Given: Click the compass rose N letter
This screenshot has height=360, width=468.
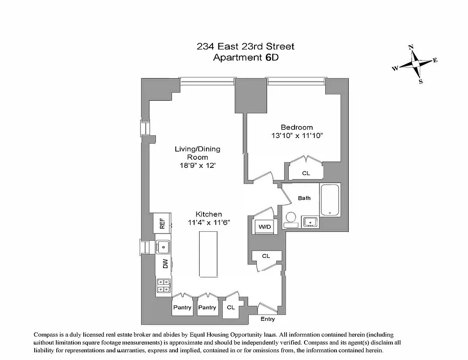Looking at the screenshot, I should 411,47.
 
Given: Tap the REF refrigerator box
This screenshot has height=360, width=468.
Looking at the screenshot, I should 163,224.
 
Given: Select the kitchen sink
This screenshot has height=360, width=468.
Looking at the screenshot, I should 162,247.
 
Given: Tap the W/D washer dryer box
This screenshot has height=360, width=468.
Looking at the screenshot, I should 264,227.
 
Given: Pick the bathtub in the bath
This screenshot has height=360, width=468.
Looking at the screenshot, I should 330,199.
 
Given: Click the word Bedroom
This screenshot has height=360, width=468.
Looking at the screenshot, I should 296,127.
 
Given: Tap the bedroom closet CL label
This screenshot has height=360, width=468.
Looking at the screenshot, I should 306,173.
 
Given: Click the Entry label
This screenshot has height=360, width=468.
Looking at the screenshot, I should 268,319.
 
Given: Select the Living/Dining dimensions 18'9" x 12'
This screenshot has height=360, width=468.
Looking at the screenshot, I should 198,165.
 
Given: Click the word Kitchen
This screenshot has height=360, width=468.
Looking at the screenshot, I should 208,214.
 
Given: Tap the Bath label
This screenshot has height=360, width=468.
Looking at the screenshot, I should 304,198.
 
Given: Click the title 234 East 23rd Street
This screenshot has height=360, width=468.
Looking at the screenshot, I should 245,46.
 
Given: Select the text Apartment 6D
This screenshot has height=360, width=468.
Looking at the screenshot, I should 245,58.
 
